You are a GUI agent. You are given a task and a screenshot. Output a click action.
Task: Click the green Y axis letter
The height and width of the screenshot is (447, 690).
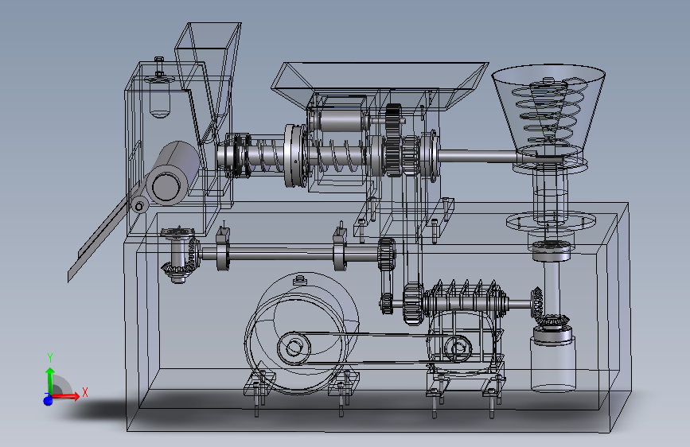(50, 357)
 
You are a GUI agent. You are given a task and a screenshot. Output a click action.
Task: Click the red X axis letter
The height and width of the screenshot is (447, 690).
(85, 392)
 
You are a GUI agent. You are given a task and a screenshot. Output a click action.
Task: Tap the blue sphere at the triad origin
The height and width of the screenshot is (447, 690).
(48, 400)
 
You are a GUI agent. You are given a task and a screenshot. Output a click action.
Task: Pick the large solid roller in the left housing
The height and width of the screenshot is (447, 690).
(173, 173)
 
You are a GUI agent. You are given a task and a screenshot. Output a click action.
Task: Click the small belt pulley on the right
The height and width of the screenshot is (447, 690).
(458, 348)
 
